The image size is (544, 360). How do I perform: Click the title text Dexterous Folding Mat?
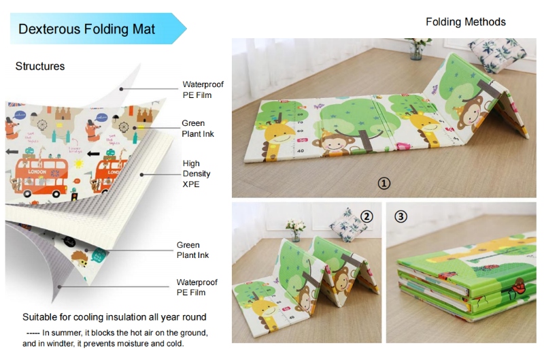(x=86, y=29)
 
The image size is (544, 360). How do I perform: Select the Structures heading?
(x=40, y=66)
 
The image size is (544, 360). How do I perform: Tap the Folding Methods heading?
(x=465, y=22)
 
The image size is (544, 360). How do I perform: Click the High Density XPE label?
(x=195, y=174)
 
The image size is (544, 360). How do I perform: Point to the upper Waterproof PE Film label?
(x=203, y=90)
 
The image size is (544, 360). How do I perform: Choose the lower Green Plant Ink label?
(x=192, y=250)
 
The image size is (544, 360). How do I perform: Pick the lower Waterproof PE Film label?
(x=197, y=287)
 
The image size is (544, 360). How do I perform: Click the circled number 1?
(x=384, y=183)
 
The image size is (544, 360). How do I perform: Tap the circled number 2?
(x=367, y=216)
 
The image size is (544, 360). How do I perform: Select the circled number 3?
(x=401, y=216)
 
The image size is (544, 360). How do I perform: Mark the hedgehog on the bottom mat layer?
(x=78, y=257)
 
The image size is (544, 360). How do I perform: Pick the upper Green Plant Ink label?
(x=197, y=129)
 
